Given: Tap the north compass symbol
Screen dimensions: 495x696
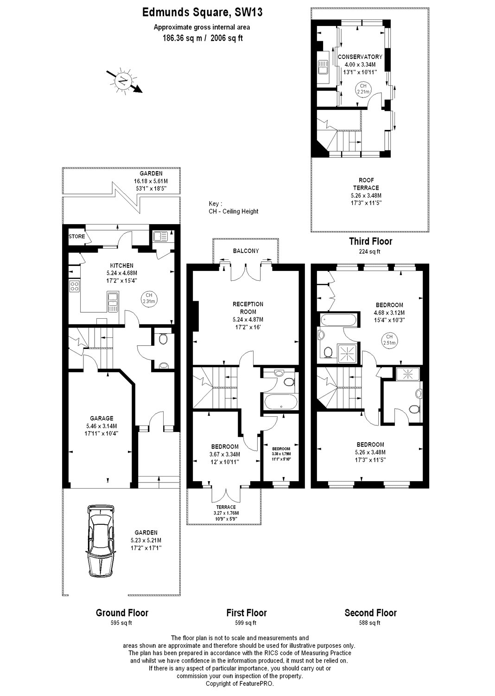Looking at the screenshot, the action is (124, 81).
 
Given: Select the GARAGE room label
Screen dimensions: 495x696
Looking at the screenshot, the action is (102, 418).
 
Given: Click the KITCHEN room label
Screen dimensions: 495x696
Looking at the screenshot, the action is (122, 265).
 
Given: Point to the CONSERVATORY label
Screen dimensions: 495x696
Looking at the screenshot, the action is (360, 57).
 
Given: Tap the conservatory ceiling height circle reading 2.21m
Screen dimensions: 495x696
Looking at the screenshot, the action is (363, 89).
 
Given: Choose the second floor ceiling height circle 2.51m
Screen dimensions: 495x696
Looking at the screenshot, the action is (389, 340).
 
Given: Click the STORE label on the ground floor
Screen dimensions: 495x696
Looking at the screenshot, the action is (76, 237).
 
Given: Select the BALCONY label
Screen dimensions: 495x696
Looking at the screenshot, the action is (246, 251).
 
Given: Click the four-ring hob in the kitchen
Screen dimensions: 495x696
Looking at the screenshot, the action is (74, 286).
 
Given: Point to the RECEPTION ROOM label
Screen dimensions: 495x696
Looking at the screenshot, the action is (248, 308).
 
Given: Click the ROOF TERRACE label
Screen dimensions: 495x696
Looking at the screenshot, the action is (366, 184).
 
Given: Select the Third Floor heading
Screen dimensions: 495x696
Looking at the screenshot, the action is (370, 241).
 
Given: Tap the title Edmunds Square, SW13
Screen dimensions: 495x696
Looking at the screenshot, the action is (203, 13).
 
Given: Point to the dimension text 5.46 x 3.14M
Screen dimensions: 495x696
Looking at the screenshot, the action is (102, 426).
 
